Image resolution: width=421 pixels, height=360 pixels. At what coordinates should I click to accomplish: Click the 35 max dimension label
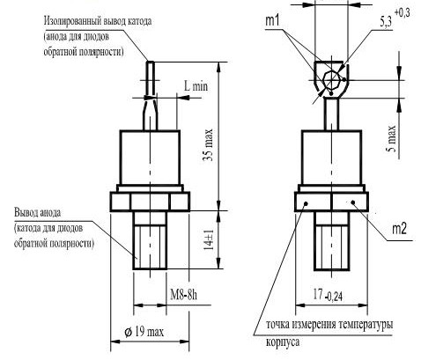[x=208, y=145]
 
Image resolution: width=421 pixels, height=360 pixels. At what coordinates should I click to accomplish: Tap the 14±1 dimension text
[x=209, y=239]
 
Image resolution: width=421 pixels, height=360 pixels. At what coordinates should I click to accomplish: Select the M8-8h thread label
[x=184, y=295]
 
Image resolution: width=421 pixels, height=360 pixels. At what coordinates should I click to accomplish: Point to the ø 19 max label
[x=144, y=332]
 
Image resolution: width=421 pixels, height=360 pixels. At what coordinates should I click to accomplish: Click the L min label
[x=196, y=86]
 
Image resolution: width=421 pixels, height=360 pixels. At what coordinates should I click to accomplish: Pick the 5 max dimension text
[x=391, y=138]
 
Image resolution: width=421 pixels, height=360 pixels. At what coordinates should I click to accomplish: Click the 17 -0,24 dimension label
[x=328, y=295]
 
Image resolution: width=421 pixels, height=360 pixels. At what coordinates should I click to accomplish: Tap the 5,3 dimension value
[x=387, y=22]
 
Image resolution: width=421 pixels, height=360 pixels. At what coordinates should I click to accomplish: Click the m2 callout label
[x=400, y=229]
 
